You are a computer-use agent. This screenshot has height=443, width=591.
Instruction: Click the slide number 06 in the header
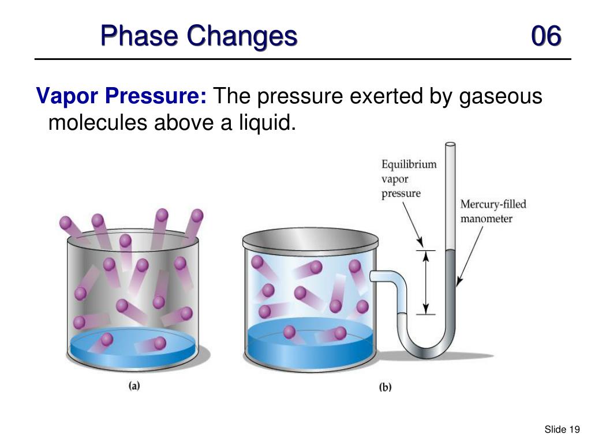coord(545,36)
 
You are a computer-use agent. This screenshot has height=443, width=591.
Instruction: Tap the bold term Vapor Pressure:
coord(122,96)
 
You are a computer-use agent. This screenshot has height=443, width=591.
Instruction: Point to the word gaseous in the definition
coord(500,96)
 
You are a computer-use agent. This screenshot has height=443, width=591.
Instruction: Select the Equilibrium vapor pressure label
coord(409,179)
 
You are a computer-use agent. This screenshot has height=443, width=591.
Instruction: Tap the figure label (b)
coord(385,387)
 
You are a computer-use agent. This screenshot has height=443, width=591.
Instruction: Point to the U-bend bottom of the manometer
coord(428,349)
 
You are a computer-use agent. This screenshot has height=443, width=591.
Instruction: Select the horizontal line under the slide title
coord(302,59)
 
